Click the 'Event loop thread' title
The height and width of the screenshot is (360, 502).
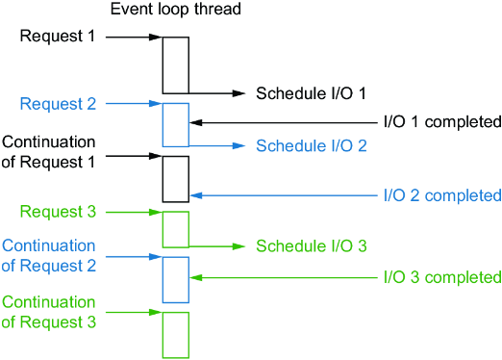(176, 10)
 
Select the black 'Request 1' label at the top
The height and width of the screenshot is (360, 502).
(58, 36)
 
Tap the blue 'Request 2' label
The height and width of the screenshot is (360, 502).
(58, 104)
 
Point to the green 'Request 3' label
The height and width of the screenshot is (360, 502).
(58, 212)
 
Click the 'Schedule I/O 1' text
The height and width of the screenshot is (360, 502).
(311, 93)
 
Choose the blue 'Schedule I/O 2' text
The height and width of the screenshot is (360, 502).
(312, 145)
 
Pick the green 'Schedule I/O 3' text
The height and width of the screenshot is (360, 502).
(312, 246)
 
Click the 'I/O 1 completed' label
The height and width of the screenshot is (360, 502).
(442, 122)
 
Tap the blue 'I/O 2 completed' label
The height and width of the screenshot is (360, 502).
(442, 195)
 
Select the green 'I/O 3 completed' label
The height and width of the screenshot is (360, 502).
(442, 277)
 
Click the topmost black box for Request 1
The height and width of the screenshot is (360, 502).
(163, 65)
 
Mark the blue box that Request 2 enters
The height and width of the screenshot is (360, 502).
(163, 125)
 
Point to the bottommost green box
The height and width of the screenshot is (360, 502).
(163, 335)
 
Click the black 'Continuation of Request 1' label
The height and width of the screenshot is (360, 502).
(48, 152)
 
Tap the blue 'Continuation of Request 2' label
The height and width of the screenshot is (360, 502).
(48, 256)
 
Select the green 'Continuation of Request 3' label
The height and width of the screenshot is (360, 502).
(48, 312)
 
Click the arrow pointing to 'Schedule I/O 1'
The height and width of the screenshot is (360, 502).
(217, 93)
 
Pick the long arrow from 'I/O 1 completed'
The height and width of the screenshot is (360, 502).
(284, 122)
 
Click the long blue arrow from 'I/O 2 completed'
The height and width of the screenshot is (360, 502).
(284, 195)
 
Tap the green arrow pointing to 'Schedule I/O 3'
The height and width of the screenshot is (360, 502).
(217, 246)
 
